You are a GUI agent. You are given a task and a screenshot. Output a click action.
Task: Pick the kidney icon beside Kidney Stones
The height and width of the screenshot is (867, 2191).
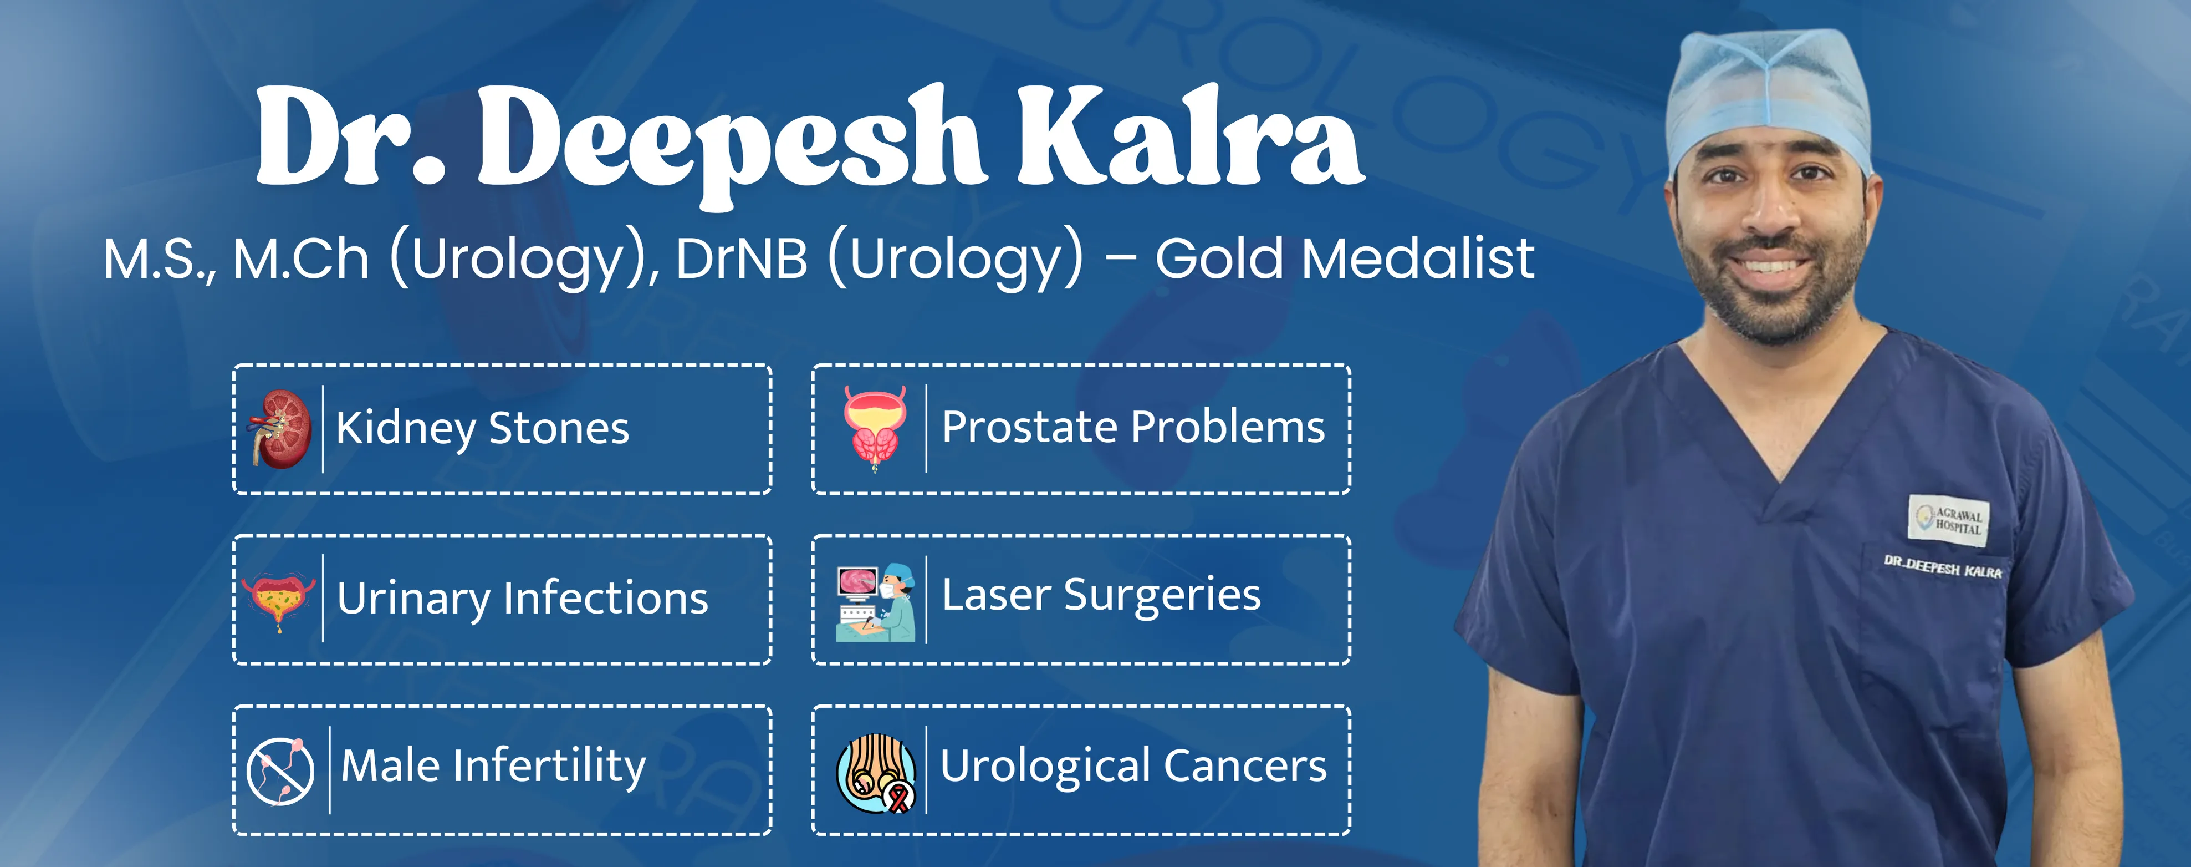279,429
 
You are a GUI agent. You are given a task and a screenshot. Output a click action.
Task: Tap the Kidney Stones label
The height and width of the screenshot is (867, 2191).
482,428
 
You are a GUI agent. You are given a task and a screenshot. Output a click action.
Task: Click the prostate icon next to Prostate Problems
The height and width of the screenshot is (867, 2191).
875,428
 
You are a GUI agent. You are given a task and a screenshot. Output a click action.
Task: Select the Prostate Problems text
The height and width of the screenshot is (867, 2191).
1133,427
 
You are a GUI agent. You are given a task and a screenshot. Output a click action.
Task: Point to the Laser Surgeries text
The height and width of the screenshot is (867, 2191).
1101,596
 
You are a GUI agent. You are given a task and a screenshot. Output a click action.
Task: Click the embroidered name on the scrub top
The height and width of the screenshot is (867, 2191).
1943,567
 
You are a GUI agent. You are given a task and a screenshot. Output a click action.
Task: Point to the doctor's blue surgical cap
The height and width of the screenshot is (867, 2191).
1769,98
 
